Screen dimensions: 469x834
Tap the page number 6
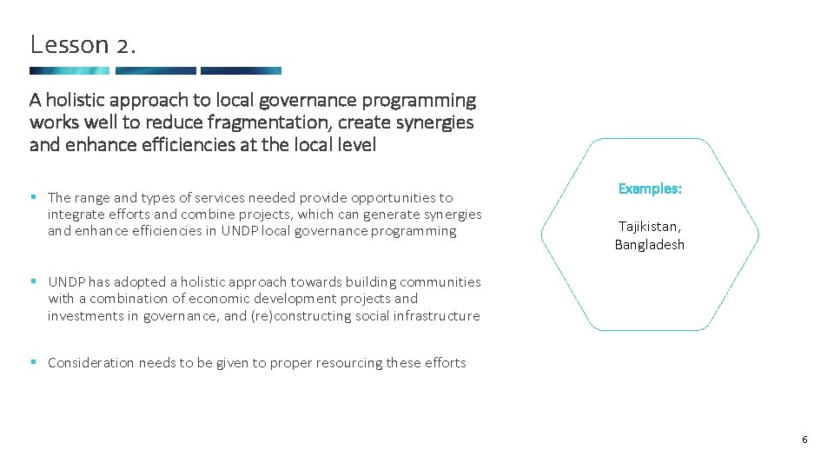tap(804, 439)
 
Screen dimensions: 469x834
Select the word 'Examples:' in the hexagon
tap(650, 188)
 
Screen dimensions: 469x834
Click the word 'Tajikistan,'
tap(650, 226)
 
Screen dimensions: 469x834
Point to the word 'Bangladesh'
tap(650, 245)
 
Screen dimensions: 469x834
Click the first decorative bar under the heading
tap(69, 70)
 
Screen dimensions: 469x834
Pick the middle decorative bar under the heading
tap(156, 70)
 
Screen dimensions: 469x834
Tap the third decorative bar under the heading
tap(241, 70)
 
